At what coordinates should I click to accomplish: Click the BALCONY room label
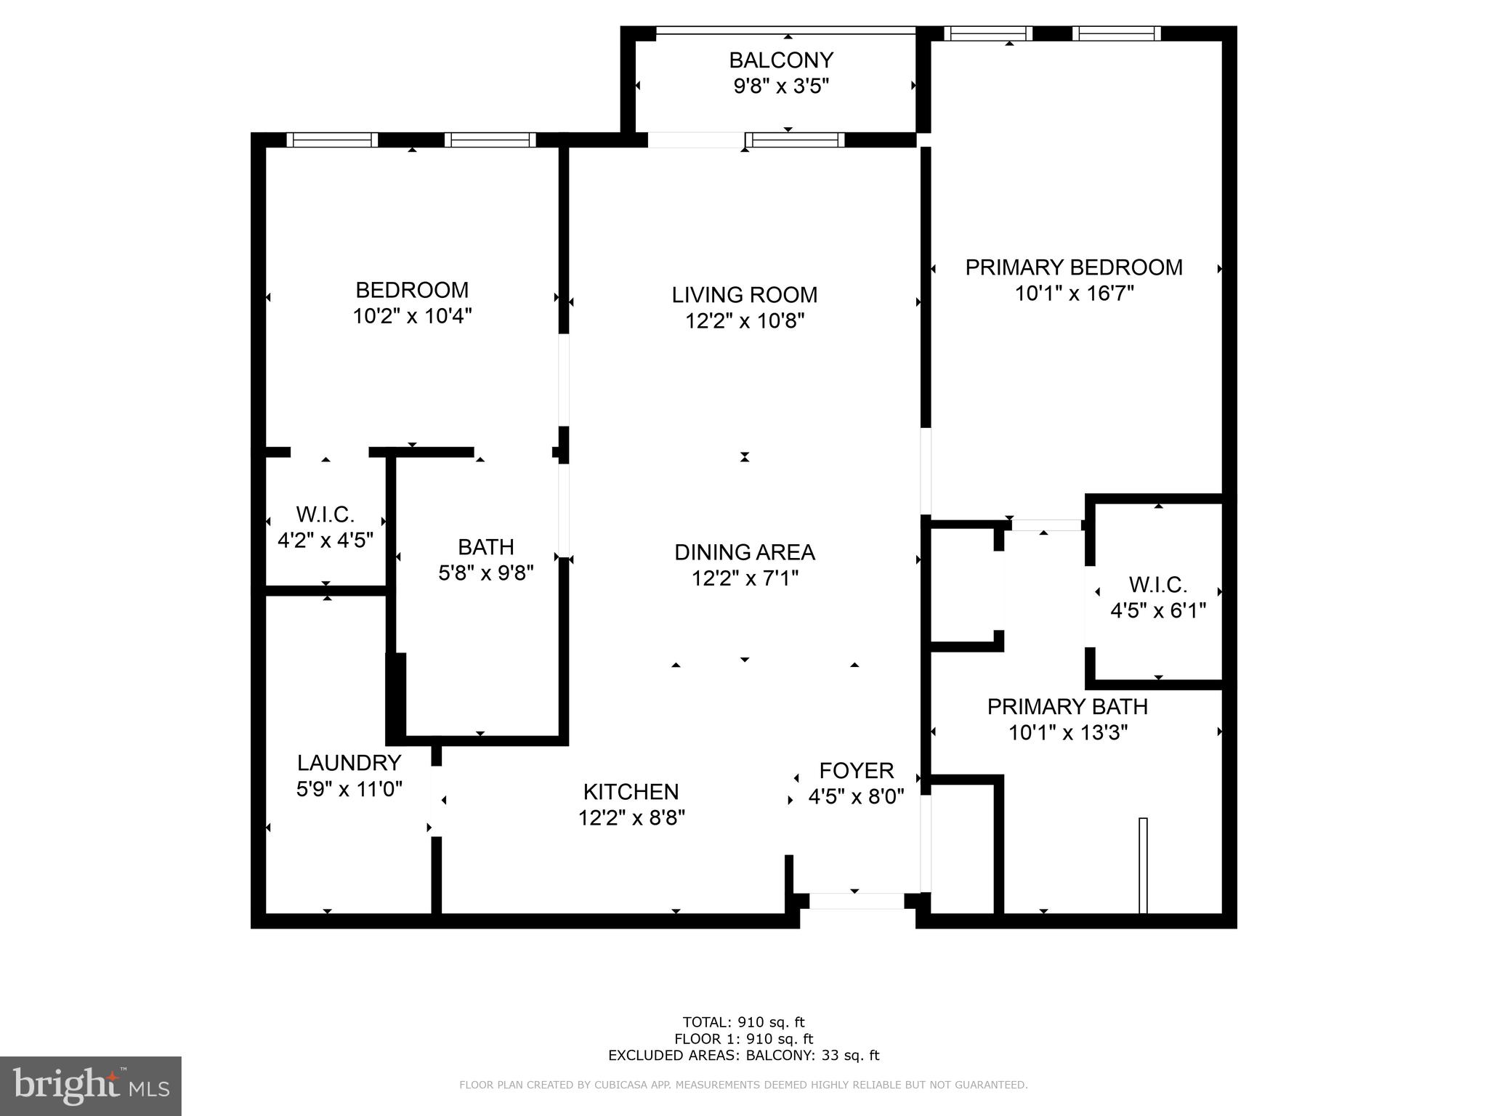[781, 60]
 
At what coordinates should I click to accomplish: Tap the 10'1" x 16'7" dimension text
[1074, 294]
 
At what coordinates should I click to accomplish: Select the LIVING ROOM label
[744, 294]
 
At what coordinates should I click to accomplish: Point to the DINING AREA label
[744, 552]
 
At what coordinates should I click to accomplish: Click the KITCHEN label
[631, 791]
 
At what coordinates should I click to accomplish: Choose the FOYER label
[856, 770]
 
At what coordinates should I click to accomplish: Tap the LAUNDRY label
[349, 762]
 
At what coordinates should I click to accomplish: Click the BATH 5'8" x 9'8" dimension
[485, 573]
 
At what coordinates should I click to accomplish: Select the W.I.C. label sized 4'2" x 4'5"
[325, 514]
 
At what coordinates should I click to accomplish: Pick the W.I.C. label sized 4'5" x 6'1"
[1157, 584]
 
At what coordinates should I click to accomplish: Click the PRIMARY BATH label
[1067, 706]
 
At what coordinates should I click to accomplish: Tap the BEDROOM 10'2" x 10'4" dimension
[412, 316]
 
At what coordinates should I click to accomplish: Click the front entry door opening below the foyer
[856, 901]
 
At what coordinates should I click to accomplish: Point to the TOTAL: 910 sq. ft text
[743, 1022]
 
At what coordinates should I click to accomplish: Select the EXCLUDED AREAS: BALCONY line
[743, 1055]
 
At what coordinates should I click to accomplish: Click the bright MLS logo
[90, 1086]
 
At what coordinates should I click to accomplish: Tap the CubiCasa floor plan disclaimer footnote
[743, 1085]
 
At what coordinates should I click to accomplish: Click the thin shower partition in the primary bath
[1143, 865]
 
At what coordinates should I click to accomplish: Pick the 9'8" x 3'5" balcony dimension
[781, 86]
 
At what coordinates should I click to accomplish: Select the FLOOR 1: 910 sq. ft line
[743, 1039]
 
